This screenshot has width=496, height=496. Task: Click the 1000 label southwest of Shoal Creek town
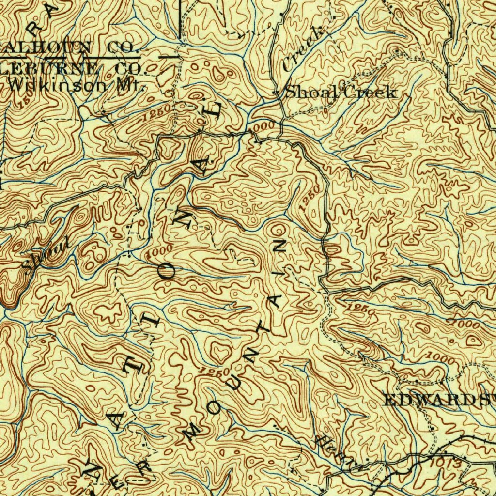(x=265, y=127)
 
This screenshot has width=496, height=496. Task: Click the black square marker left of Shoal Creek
(x=276, y=93)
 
